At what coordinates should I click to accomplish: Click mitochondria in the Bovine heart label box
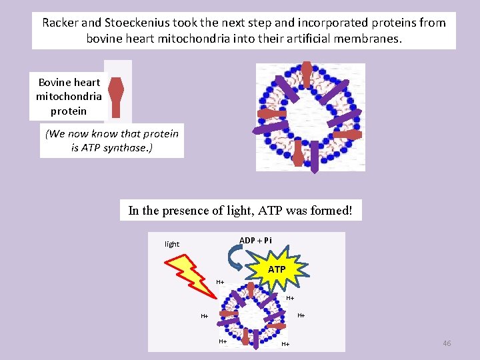point(69,96)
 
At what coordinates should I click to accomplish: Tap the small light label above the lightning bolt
point(172,244)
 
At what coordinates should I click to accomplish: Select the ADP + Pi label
point(255,240)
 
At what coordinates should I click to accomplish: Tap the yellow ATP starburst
point(277,269)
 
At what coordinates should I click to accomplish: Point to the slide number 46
point(447,343)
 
